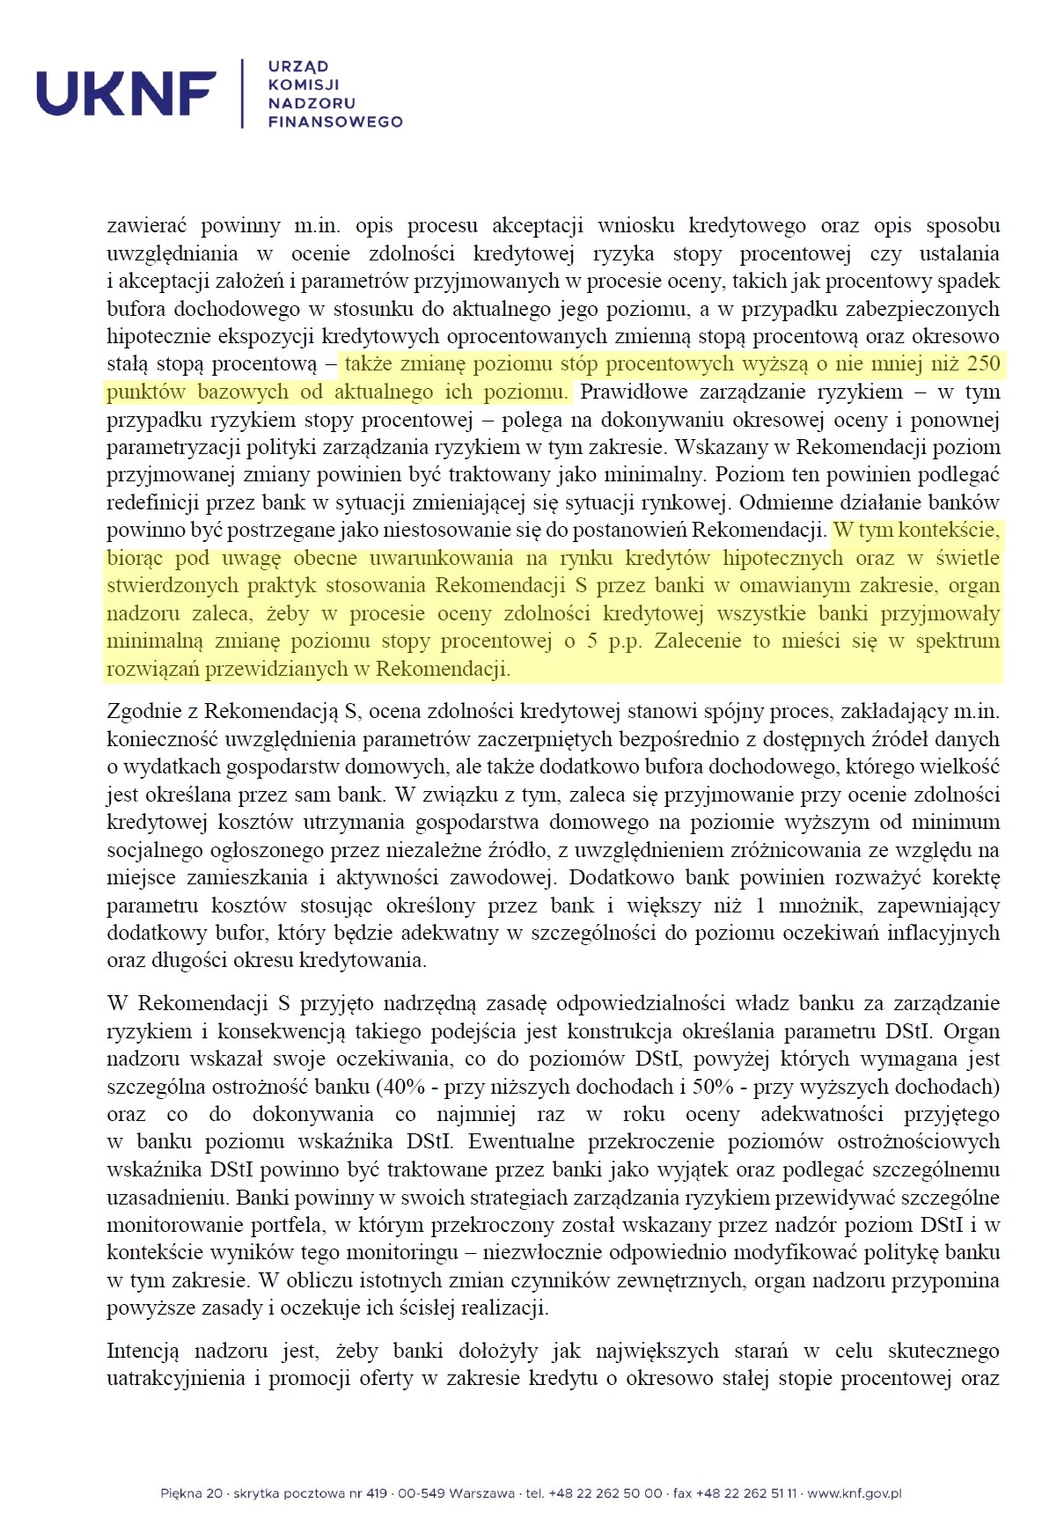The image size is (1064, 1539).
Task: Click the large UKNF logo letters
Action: pos(126,93)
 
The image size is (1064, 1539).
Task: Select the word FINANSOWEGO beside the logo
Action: pos(334,121)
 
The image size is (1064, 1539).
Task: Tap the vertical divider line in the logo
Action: pos(242,93)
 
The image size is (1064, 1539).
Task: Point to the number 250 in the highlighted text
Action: pos(982,363)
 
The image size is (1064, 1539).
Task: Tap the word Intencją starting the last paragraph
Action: pos(143,1351)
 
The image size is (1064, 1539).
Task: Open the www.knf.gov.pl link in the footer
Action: pos(854,1493)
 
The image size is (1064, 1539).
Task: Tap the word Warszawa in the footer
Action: pos(481,1493)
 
